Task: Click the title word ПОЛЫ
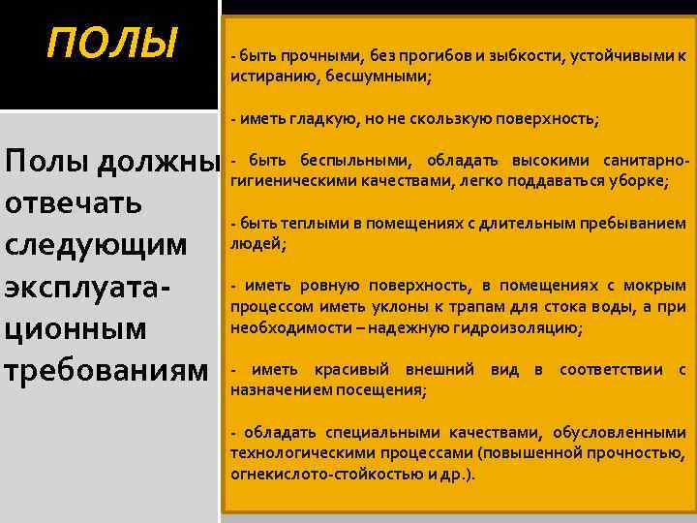click(114, 43)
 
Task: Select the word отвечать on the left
click(75, 203)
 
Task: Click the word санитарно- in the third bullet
click(639, 161)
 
